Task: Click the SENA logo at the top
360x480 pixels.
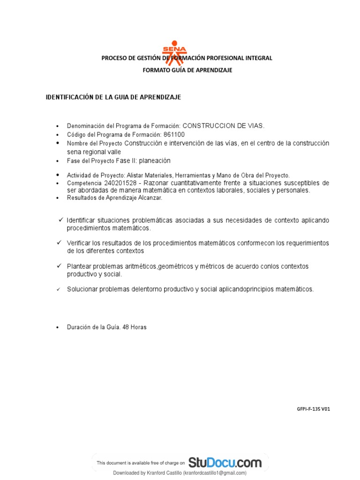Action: tap(174, 52)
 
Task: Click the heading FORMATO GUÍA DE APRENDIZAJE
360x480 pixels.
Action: tap(187, 70)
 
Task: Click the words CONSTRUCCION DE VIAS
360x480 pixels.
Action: tap(223, 126)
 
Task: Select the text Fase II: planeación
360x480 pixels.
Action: tap(143, 160)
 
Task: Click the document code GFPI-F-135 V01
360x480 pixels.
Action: tap(314, 409)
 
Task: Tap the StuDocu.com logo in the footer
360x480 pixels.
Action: tap(225, 463)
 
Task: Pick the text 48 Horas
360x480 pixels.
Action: tap(135, 327)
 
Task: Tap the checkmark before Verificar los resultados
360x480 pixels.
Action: tap(60, 243)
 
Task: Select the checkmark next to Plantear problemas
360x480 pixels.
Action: tap(60, 266)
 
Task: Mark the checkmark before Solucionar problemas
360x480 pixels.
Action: tap(59, 289)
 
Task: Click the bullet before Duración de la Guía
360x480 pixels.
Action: tap(57, 328)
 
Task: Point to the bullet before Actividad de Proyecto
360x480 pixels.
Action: tap(57, 175)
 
